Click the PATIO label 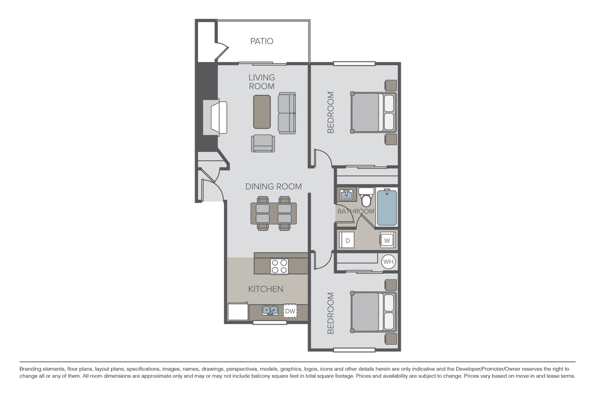click(261, 41)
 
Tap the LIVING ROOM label click(262, 82)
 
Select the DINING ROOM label click(273, 186)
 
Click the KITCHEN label click(265, 289)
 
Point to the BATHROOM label click(356, 211)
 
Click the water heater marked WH click(388, 262)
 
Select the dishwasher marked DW click(290, 311)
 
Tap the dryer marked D click(347, 240)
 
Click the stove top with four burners click(279, 266)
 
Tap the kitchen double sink click(270, 311)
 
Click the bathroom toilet click(367, 198)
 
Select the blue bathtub click(387, 208)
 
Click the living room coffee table click(262, 112)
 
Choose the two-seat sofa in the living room click(287, 114)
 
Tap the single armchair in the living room click(262, 143)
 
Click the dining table click(273, 213)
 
